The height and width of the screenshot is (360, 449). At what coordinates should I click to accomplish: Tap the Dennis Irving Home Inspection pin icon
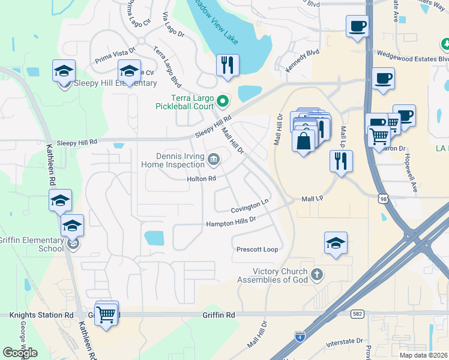[214, 159]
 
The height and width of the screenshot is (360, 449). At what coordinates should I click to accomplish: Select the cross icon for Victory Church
[318, 275]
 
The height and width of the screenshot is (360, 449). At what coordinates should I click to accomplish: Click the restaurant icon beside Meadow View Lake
[228, 66]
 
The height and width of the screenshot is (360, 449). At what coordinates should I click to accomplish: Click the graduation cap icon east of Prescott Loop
[336, 243]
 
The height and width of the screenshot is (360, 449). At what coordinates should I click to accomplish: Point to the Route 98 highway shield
[384, 198]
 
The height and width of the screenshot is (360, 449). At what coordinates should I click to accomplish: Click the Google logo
[20, 353]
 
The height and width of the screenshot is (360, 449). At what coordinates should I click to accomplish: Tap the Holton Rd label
[202, 179]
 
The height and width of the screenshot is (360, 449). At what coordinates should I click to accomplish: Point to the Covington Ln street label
[249, 206]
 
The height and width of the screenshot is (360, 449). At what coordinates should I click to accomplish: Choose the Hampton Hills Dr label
[231, 222]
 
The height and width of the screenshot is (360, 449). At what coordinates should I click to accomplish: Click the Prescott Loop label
[257, 249]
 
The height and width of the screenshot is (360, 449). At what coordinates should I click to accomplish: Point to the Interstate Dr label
[345, 343]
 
